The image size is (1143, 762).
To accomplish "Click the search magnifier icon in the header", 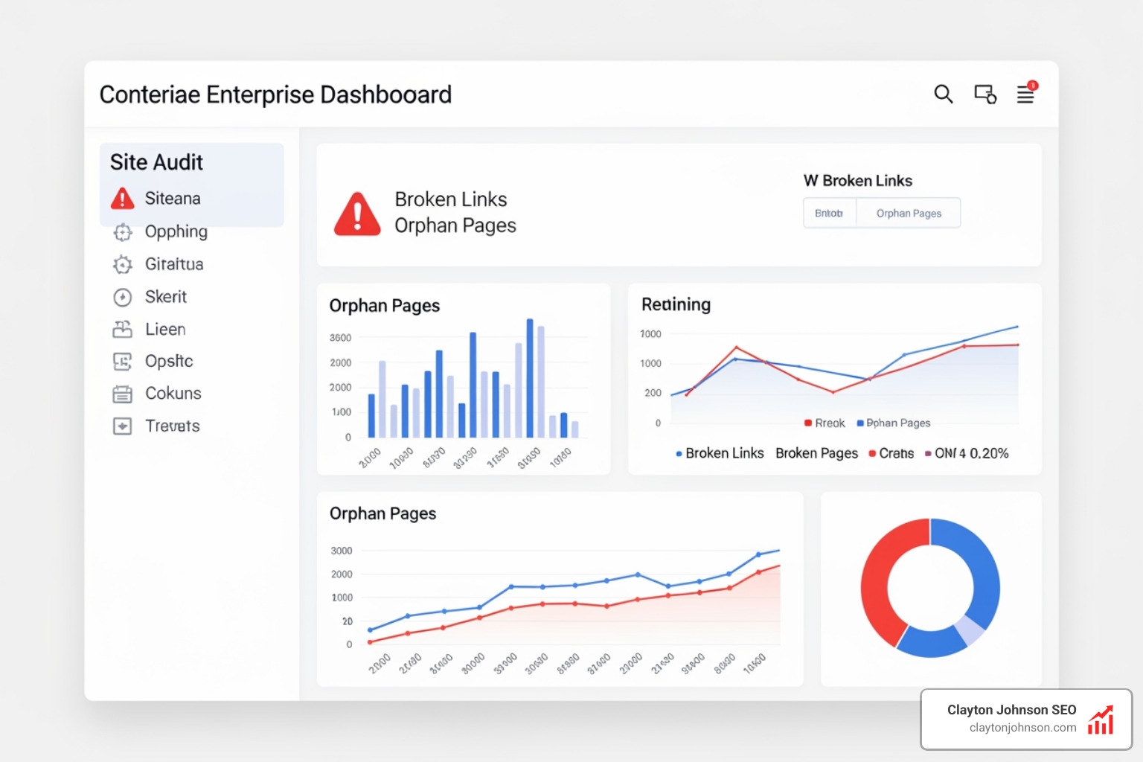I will pos(943,94).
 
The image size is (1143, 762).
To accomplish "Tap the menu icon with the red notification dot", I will pos(1025,95).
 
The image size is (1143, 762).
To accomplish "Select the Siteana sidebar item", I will pos(172,199).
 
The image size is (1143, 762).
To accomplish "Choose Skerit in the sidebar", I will pos(165,297).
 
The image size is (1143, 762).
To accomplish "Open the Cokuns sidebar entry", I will pos(173,394).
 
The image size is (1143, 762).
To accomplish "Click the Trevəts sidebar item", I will pos(172,426).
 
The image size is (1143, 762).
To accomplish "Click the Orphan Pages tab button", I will pos(908,214).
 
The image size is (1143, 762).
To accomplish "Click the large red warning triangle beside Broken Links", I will pos(357,214).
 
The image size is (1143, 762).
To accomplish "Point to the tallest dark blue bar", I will pos(530,377).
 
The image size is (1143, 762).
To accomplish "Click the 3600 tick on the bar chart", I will pos(341,338).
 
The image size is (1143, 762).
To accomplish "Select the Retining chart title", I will pos(676,304).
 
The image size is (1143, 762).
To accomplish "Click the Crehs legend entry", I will pos(896,453).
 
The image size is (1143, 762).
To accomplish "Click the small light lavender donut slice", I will pos(970,630).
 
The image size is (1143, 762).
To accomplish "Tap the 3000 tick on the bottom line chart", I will pos(342,551).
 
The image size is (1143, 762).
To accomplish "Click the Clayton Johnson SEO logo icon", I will pos(1101,720).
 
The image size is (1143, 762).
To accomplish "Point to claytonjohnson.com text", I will pos(1022,728).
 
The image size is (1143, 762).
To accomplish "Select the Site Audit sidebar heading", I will pos(156,162).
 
